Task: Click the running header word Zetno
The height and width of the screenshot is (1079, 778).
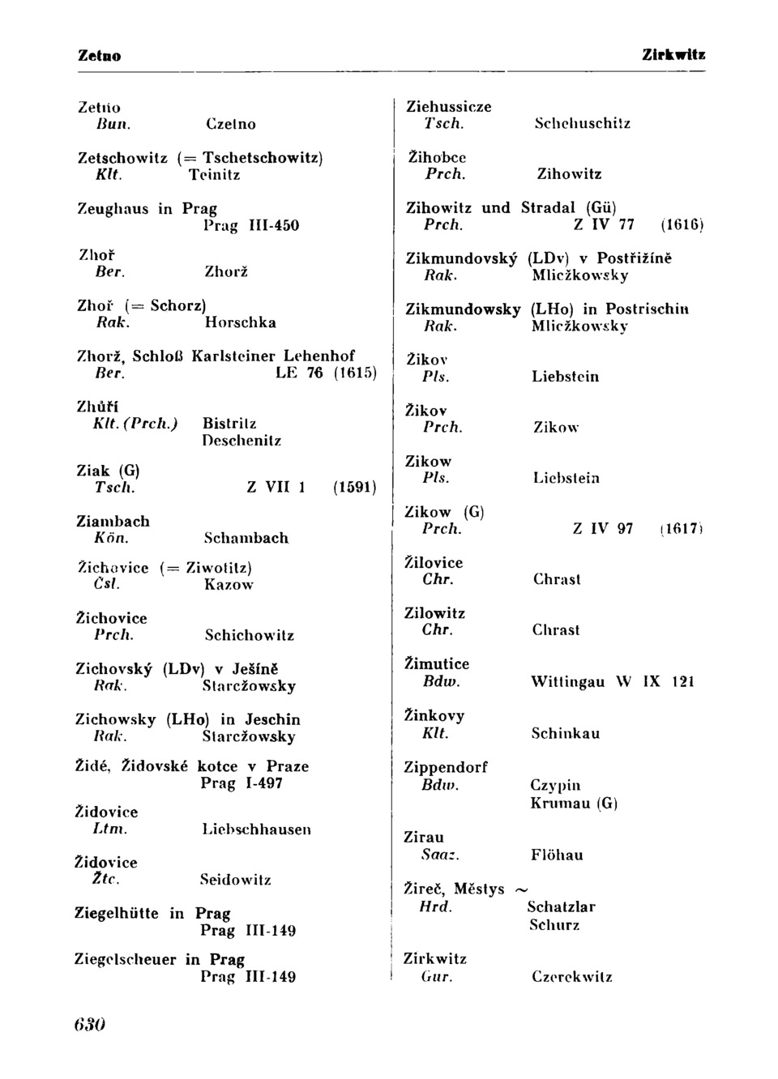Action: (x=100, y=56)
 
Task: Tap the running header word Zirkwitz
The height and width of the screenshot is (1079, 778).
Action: (x=673, y=55)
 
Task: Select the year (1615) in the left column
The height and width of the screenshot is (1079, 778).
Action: (x=356, y=373)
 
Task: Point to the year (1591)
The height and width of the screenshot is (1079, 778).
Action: (x=354, y=488)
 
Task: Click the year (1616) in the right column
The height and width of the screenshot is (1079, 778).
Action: (x=682, y=224)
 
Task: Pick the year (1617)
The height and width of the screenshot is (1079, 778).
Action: (x=681, y=529)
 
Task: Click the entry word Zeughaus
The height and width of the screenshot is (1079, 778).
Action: (x=113, y=209)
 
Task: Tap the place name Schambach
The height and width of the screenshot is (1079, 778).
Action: (x=246, y=538)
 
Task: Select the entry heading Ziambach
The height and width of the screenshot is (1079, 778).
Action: (x=113, y=521)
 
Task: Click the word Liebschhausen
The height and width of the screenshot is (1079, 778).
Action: (x=256, y=830)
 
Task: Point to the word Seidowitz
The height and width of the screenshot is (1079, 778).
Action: (x=236, y=880)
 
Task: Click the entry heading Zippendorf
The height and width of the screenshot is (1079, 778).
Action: (x=446, y=767)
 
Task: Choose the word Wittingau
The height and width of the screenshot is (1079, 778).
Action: (x=567, y=682)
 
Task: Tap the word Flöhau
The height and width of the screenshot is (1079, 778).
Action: (x=557, y=855)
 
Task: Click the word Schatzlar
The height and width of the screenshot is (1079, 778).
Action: (x=561, y=906)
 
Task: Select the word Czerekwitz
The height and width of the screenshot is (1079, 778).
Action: (x=572, y=977)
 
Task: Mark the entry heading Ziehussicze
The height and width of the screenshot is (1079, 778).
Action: (x=448, y=107)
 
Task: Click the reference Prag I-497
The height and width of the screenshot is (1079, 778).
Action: (x=242, y=783)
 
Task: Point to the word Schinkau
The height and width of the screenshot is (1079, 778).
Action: (x=566, y=733)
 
